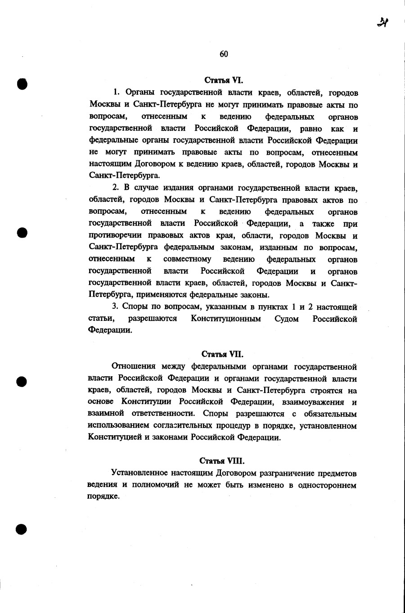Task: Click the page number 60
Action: (x=224, y=54)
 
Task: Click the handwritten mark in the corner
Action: (x=383, y=22)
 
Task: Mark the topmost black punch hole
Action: (x=22, y=84)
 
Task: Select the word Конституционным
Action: (x=225, y=319)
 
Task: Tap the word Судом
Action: (x=287, y=319)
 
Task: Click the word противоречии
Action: (x=115, y=236)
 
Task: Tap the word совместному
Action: (x=187, y=260)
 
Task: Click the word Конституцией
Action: (x=115, y=437)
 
